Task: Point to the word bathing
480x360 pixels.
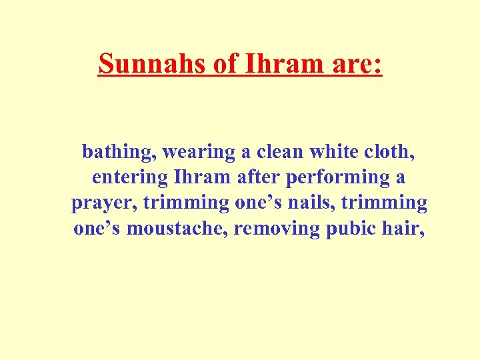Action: pyautogui.click(x=119, y=153)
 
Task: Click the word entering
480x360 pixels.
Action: pyautogui.click(x=129, y=178)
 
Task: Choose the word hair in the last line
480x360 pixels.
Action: pyautogui.click(x=403, y=229)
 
